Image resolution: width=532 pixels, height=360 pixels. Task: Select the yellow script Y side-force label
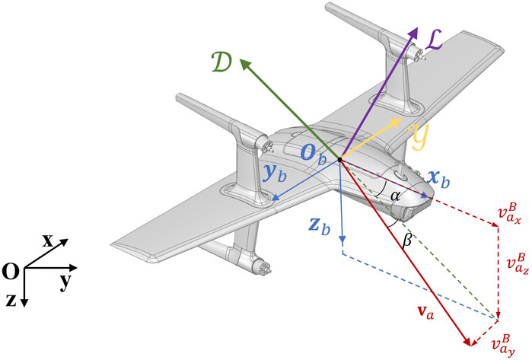point(419,137)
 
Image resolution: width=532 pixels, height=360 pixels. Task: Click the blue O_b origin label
point(314,156)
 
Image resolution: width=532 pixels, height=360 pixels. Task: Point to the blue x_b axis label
point(439,178)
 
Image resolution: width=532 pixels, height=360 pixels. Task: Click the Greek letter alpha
point(395,196)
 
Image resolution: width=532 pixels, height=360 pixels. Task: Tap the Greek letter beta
point(407,241)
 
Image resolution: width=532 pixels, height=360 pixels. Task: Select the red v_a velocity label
point(425,313)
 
